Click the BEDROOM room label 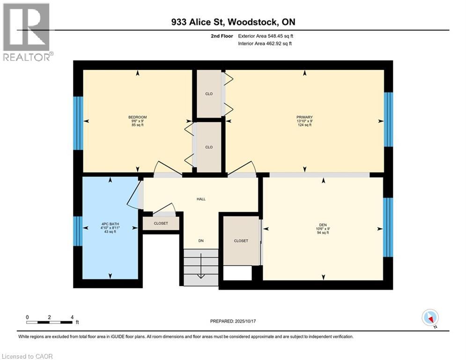tap(138, 117)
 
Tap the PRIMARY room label tap(304, 117)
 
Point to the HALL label tap(201, 199)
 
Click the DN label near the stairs tap(200, 240)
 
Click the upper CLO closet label tap(209, 94)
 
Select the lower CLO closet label tap(209, 147)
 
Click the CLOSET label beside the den tap(241, 240)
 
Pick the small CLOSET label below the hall tap(161, 224)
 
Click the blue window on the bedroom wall tap(78, 123)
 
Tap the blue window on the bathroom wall tap(78, 231)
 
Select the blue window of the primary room tap(388, 120)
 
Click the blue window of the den tap(388, 227)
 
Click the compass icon tap(430, 318)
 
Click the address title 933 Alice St tap(233, 22)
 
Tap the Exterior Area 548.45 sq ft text tap(266, 36)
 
